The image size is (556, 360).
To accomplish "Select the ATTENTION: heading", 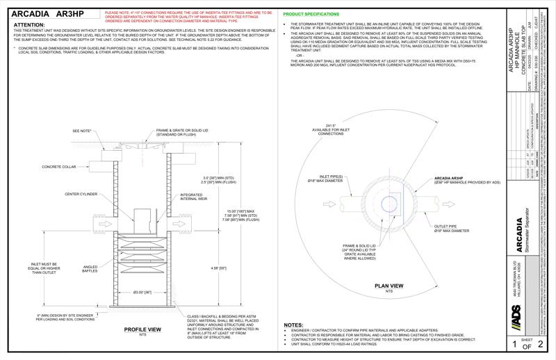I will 30,24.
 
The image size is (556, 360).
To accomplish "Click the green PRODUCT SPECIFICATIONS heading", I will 311,14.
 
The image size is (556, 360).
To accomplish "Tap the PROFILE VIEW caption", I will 142,329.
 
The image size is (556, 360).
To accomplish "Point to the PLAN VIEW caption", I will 389,286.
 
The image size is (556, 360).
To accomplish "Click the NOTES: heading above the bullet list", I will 293,325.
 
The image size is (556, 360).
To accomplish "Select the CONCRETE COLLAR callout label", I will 58,167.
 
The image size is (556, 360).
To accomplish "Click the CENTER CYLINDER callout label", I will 81,194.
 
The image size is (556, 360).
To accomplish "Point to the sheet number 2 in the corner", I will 543,344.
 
